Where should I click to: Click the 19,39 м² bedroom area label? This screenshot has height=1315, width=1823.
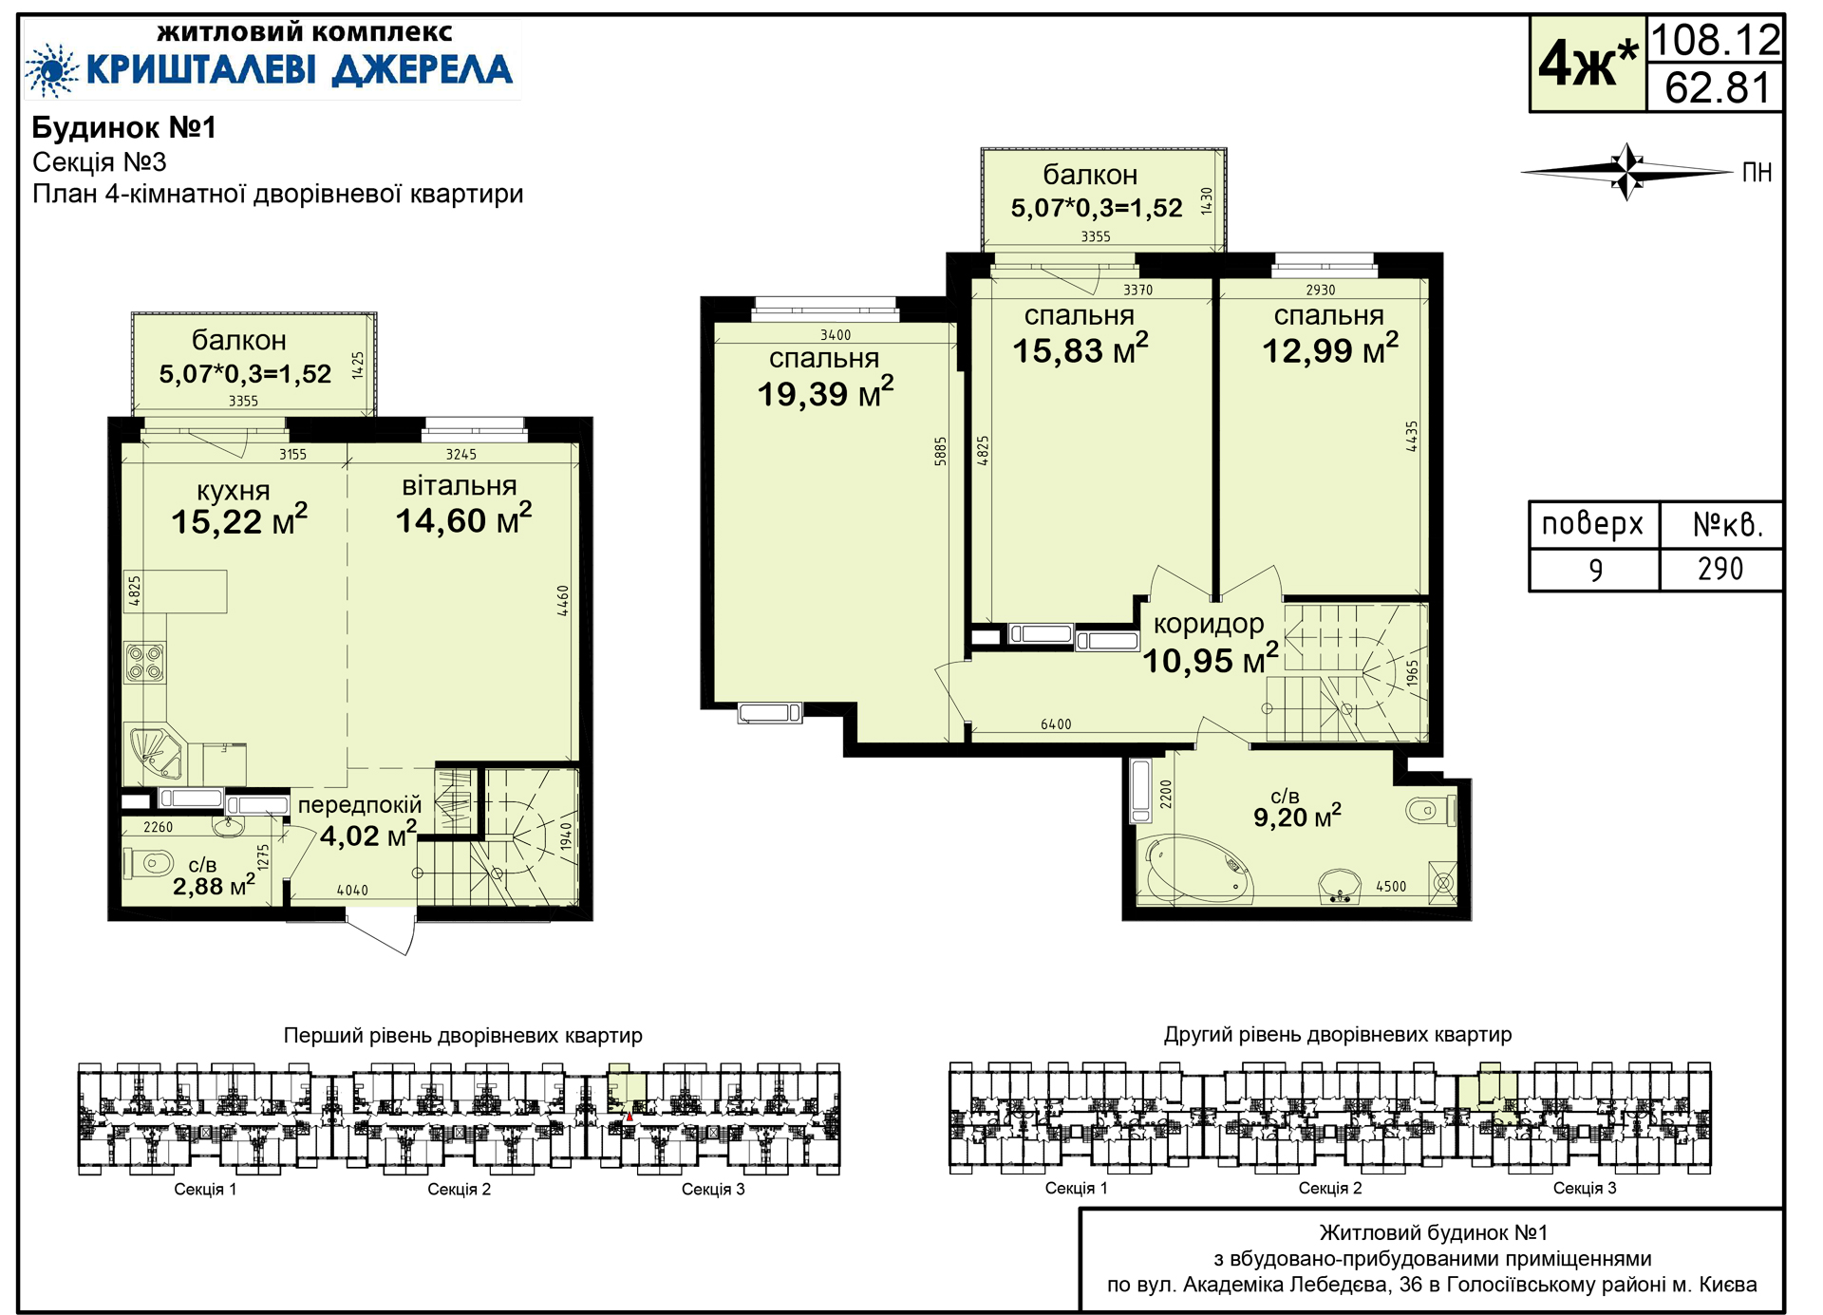(825, 392)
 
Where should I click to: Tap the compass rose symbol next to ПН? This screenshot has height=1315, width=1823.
(1627, 172)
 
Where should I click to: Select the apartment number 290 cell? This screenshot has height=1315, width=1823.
(1720, 570)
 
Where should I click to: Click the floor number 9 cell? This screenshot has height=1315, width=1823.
(1595, 570)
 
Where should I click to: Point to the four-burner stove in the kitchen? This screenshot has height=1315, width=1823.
(146, 662)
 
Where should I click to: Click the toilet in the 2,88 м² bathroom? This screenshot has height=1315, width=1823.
(149, 864)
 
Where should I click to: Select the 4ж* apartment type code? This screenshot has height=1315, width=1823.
(1588, 65)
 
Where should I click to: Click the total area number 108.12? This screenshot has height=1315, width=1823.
(1716, 40)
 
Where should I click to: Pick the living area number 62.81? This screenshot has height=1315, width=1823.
(1718, 88)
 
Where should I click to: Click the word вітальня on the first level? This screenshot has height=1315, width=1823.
(460, 485)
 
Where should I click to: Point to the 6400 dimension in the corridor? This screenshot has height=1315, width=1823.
(1056, 724)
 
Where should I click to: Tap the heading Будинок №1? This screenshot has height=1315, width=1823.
(124, 127)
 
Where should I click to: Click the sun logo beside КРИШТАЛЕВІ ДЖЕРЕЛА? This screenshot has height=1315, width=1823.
(51, 70)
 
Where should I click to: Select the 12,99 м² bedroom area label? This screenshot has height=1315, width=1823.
(1329, 349)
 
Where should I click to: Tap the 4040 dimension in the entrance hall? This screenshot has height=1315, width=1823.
(352, 891)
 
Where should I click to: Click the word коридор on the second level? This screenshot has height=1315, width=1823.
(1209, 624)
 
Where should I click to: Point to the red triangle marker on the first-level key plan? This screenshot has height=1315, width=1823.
(630, 1117)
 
